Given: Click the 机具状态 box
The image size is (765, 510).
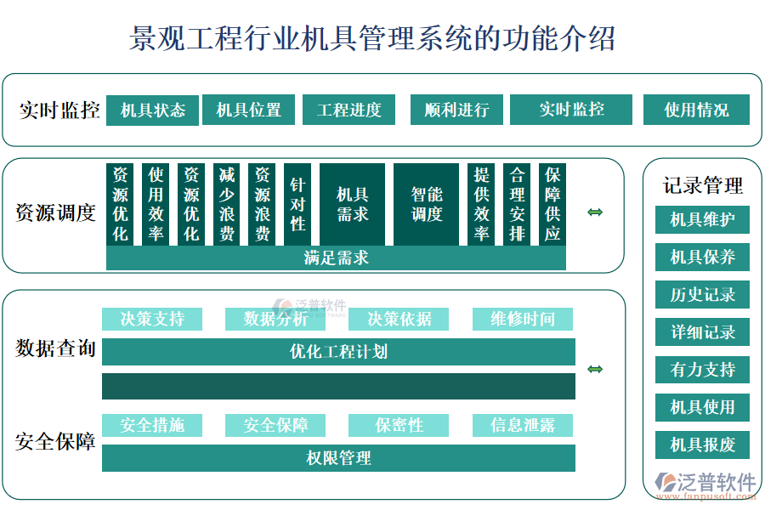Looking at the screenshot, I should [153, 110].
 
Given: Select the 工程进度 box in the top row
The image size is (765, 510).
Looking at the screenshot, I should [349, 110].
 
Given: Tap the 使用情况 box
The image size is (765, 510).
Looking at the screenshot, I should [696, 110].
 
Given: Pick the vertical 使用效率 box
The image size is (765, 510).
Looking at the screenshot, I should [156, 205].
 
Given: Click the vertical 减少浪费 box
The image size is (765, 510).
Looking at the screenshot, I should [227, 205].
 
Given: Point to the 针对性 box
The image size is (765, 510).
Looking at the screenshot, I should [297, 205].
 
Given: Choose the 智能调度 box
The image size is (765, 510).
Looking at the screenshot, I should [426, 205].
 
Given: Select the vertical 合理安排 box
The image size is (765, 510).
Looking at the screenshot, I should [517, 205].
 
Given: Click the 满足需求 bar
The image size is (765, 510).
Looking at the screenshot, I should [336, 258].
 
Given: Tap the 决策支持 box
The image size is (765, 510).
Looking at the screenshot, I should [152, 319].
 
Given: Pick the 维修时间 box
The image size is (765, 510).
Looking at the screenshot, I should [523, 319].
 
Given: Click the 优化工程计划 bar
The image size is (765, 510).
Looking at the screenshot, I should [338, 351].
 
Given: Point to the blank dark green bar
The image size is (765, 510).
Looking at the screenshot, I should [338, 386].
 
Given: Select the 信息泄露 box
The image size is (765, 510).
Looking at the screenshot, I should [523, 425].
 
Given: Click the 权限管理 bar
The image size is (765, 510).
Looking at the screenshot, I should [338, 458].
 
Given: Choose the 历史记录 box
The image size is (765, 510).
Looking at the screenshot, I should [702, 295].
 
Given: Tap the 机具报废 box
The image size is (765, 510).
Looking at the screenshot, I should [702, 445].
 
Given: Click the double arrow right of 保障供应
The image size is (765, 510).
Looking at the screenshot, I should [595, 212].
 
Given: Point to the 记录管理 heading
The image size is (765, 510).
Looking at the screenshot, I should [703, 185].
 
